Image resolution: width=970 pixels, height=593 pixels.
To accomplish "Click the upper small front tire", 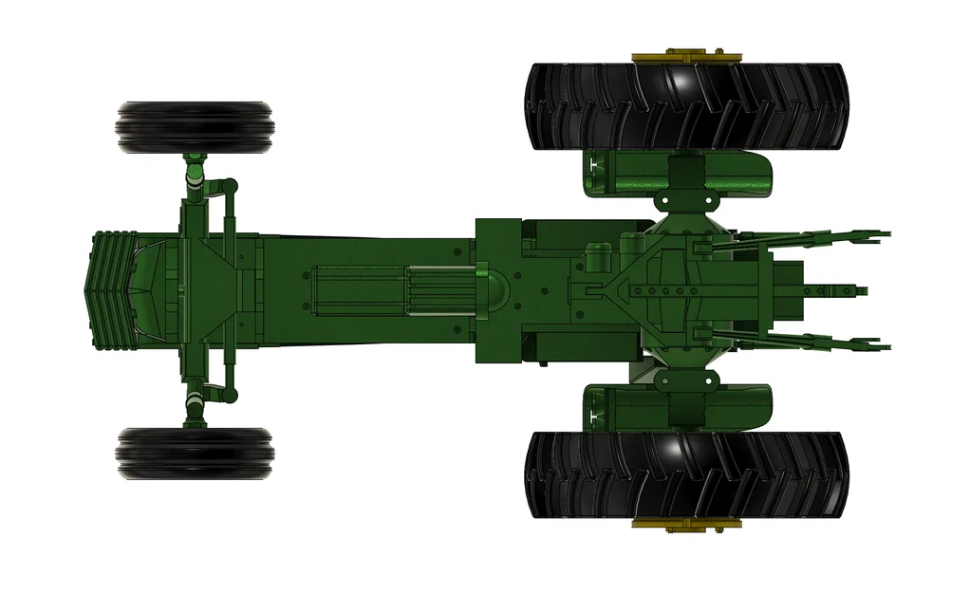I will pos(196,127).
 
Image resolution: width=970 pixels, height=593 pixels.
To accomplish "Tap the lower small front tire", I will pos(196,453).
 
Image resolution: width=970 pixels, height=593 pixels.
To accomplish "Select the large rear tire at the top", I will pos(685,106).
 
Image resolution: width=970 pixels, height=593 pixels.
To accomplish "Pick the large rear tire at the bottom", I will pos(685,474).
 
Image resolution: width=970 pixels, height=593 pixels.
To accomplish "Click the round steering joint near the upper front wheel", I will pos(229,186).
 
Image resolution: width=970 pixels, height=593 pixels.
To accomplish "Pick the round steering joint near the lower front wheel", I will pos(229,393).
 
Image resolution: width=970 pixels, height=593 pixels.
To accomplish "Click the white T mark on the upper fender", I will pos(597,168).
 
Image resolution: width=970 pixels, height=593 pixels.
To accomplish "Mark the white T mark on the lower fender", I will pos(597,412).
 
